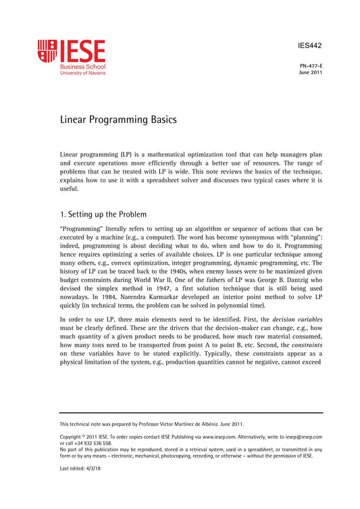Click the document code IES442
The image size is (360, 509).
(309, 47)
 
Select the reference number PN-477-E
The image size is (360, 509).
(311, 66)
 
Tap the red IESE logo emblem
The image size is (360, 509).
(47, 51)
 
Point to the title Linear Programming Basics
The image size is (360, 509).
(118, 120)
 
